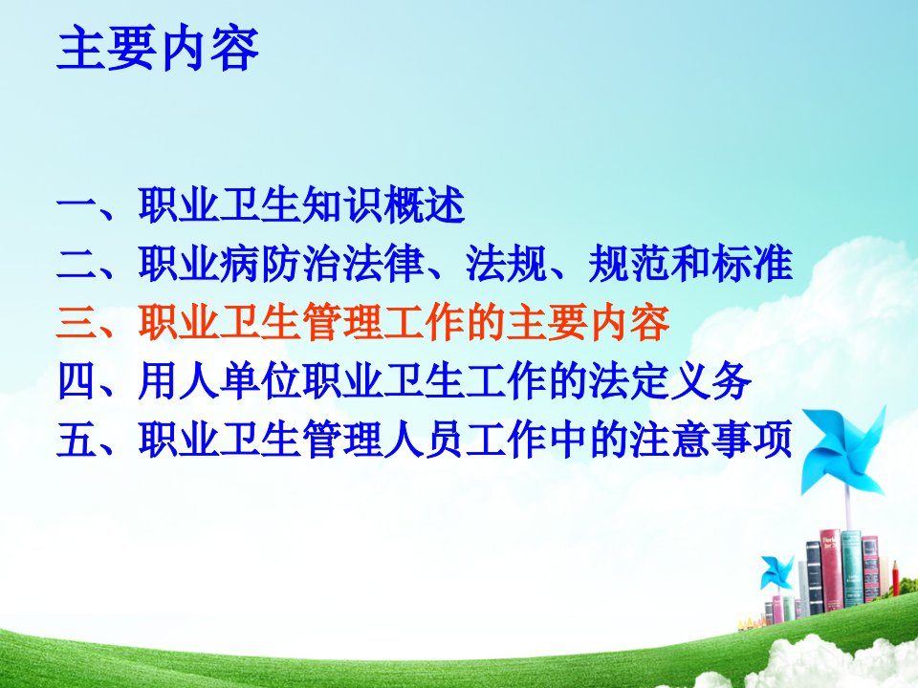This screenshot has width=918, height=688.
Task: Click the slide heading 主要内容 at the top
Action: [158, 49]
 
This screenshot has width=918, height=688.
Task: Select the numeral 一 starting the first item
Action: [76, 206]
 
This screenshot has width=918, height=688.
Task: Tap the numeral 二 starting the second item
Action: [76, 265]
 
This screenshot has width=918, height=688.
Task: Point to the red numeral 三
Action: [76, 322]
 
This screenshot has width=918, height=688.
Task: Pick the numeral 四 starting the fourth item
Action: [76, 381]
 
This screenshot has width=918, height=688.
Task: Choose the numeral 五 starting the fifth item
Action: [76, 440]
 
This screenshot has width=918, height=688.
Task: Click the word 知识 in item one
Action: [342, 205]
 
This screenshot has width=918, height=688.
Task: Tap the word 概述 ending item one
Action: [424, 205]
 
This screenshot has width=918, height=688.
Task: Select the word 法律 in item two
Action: [382, 264]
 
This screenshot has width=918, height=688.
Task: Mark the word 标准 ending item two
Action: [752, 264]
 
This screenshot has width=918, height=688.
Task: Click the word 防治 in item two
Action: [301, 264]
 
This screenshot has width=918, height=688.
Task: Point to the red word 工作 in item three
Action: [424, 322]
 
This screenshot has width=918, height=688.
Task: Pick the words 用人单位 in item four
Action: [219, 381]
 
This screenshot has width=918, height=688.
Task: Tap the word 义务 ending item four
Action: [710, 381]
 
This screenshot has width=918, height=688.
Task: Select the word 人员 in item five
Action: [424, 440]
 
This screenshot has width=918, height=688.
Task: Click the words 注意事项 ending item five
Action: [710, 440]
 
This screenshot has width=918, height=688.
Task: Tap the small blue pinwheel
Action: [776, 572]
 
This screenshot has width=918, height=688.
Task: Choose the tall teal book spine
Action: [851, 568]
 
